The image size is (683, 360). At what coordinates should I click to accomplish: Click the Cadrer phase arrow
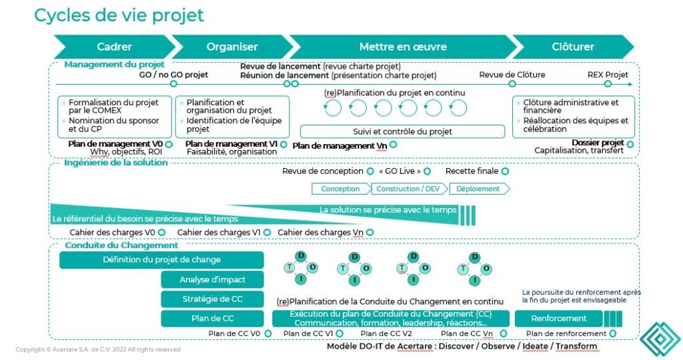(113, 47)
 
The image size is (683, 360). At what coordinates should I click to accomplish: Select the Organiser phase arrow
(231, 47)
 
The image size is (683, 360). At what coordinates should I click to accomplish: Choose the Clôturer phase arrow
(573, 47)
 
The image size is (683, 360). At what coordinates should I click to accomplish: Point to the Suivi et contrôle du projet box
(402, 131)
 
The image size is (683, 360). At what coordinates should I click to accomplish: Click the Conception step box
(340, 189)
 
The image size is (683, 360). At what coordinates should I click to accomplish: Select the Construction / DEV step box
(407, 189)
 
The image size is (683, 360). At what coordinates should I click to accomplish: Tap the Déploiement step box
(478, 189)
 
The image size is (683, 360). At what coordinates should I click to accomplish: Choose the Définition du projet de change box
(161, 260)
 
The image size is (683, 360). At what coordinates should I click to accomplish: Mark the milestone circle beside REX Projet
(608, 84)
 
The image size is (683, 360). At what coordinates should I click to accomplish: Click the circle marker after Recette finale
(505, 171)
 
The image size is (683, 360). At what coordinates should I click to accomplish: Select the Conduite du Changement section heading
(112, 245)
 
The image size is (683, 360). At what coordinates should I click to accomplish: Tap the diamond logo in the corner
(660, 340)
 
